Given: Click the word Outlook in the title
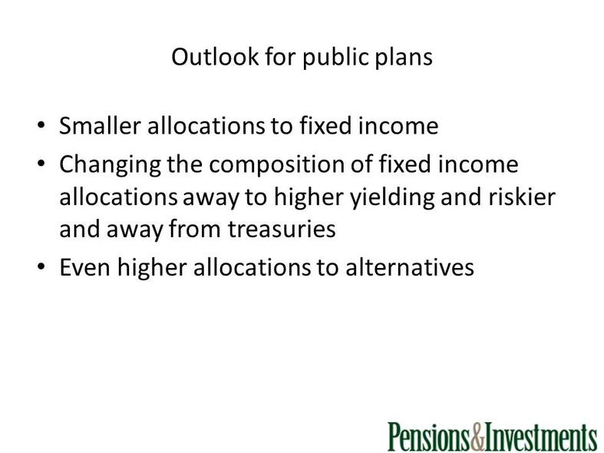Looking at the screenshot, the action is [x=215, y=57].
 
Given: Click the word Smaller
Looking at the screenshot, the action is [x=100, y=126].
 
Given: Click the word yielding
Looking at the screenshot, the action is [x=392, y=198].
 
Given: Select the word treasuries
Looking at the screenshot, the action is [x=282, y=229].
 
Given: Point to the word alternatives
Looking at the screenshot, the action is [x=410, y=267].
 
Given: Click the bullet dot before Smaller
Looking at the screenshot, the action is [x=41, y=125].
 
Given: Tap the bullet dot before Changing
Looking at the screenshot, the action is [x=41, y=164].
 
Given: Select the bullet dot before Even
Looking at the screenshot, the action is [x=41, y=266].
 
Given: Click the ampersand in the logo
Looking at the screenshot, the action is [x=477, y=437].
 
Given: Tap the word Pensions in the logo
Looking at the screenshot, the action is [x=429, y=437].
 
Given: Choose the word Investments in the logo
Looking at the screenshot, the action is [x=540, y=437].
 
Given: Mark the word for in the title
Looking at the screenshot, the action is [x=280, y=57].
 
